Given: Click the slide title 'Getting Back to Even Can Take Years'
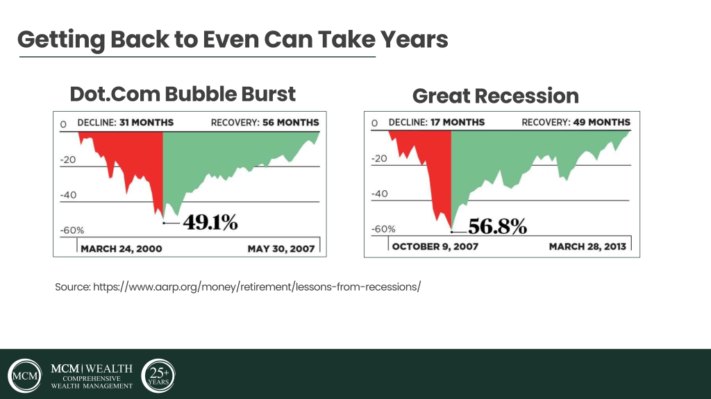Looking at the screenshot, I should click(x=233, y=39).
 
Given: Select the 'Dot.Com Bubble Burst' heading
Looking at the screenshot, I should click(x=183, y=94).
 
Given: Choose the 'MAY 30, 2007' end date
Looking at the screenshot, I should click(x=281, y=248).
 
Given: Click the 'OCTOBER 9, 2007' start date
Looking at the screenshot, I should click(x=435, y=246).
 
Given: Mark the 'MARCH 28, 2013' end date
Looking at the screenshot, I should click(x=587, y=246).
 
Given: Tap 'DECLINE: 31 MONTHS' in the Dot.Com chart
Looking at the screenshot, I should click(x=126, y=123).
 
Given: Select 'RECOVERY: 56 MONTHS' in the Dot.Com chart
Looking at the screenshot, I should click(x=265, y=123).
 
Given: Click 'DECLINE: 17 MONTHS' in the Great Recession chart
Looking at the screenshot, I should click(x=437, y=123).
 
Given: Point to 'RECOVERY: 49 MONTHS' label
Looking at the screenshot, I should click(x=576, y=123).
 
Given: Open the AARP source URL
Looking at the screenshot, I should click(x=237, y=286).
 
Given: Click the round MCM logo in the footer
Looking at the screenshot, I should click(x=25, y=376).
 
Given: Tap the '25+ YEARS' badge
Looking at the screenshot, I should click(x=158, y=375).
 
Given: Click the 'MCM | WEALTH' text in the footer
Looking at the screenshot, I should click(x=92, y=368).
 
